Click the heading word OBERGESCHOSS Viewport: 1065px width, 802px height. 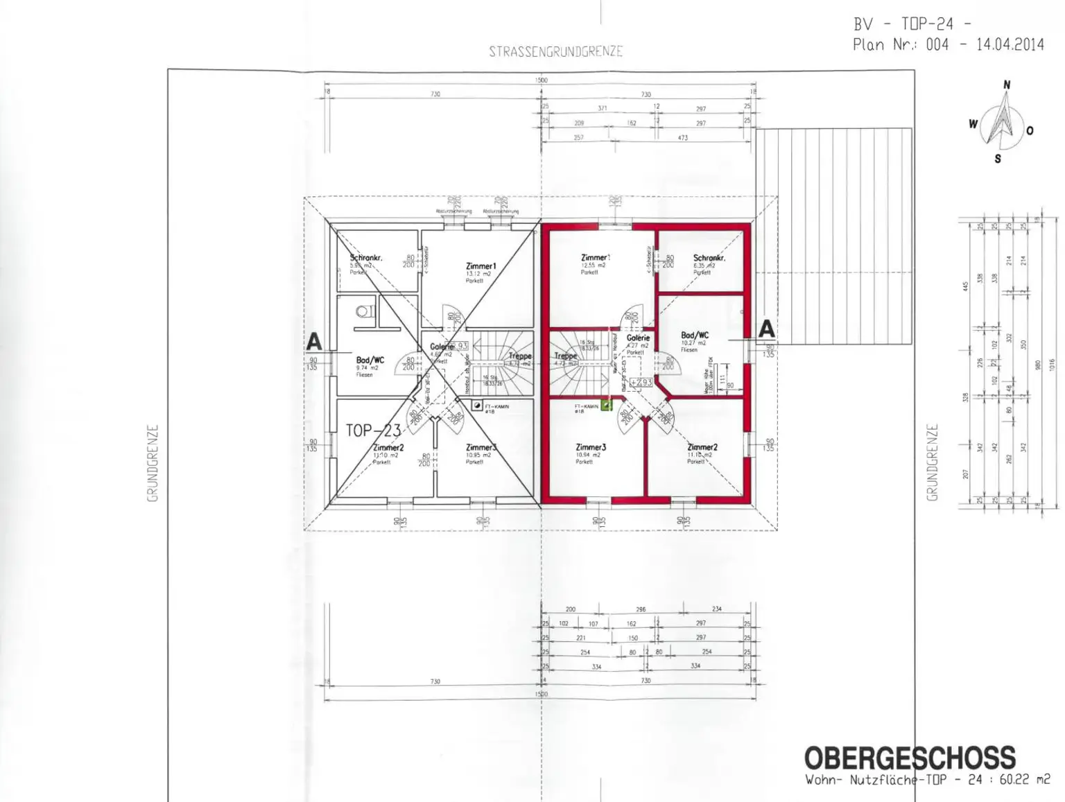point(909,758)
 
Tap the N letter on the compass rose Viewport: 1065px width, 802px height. point(1007,85)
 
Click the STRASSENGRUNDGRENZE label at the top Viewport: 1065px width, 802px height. point(555,51)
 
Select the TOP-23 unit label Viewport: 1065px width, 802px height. point(373,430)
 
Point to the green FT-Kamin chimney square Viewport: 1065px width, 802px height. point(606,406)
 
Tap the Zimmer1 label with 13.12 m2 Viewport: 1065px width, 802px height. point(480,266)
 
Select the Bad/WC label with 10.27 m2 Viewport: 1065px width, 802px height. point(694,335)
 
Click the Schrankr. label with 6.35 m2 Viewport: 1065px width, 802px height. point(709,258)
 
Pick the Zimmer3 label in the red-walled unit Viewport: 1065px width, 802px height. point(591,448)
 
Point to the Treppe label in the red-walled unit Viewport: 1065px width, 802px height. point(565,356)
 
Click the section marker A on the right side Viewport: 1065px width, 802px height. point(766,329)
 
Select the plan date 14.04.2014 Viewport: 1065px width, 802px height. point(1010,44)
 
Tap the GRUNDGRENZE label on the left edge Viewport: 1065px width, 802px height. point(153,463)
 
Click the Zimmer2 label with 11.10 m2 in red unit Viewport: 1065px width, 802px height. point(702,448)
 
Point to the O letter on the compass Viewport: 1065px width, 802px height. point(1030,130)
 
